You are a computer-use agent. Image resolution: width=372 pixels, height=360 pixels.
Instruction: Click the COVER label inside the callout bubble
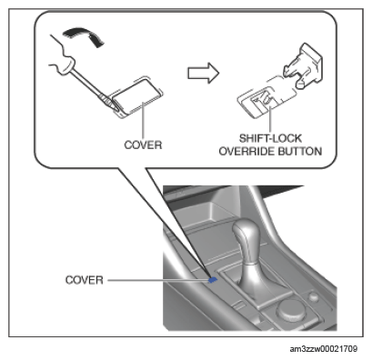143,145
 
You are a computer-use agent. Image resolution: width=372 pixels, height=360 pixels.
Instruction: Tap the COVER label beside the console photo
85,280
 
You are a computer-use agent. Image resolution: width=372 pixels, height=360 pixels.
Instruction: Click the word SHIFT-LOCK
270,138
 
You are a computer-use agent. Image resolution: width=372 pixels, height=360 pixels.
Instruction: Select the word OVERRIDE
246,151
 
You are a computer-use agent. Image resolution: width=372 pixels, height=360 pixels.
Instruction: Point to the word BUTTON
300,151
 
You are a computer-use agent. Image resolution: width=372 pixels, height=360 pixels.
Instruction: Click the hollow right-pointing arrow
203,73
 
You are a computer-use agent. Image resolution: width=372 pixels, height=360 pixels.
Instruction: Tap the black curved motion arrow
85,35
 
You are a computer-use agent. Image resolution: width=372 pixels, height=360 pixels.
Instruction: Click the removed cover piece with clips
303,66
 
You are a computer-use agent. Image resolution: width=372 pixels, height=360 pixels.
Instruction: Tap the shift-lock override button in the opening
262,99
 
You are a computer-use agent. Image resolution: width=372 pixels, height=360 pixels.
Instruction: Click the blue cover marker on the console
213,280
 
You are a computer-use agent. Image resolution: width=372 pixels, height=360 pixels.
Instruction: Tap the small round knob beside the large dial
313,296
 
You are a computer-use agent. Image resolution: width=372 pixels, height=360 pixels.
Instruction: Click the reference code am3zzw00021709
323,349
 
